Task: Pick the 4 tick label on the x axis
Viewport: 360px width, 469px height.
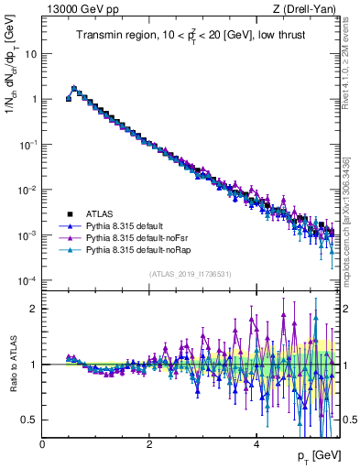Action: point(256,444)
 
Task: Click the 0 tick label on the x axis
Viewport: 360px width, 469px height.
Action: point(42,444)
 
